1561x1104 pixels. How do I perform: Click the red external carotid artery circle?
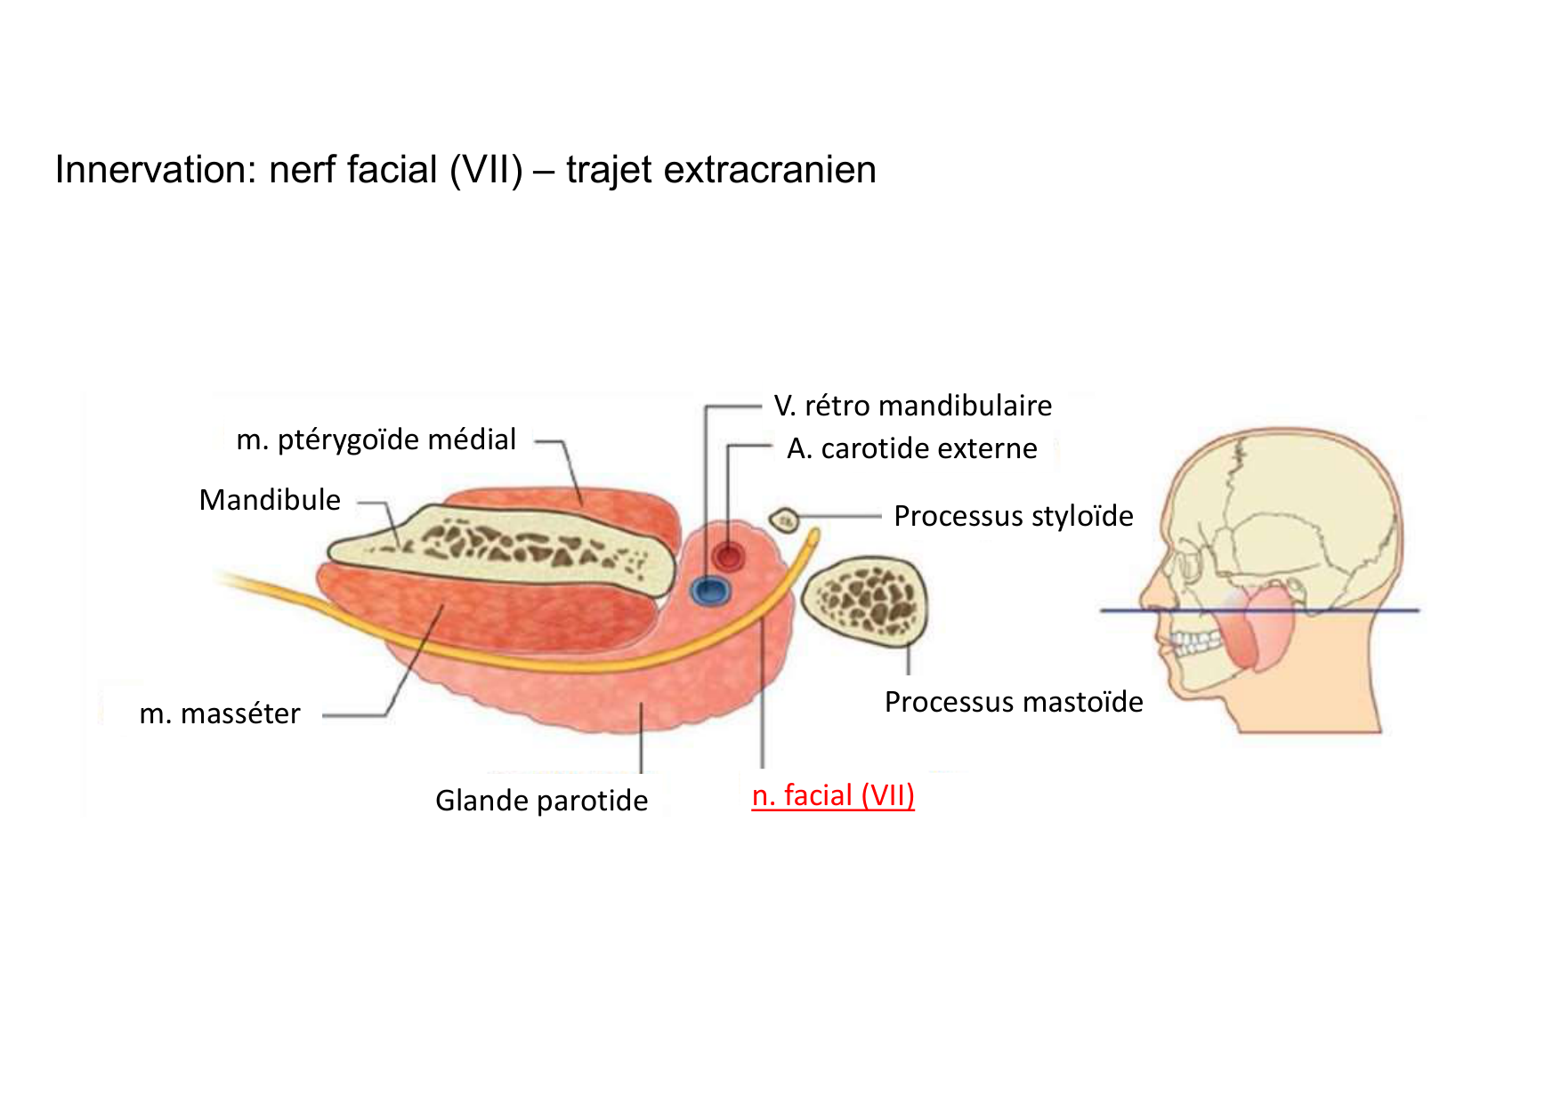729,557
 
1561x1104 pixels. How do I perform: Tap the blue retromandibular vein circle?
711,590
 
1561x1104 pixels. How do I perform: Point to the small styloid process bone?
784,520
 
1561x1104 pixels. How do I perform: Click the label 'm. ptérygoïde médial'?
376,439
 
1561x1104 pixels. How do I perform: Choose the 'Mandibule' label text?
270,500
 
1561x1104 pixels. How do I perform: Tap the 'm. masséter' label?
220,713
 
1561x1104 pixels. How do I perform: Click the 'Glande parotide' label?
541,801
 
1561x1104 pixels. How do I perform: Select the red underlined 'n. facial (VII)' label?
833,795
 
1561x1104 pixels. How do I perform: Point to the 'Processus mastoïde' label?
1014,702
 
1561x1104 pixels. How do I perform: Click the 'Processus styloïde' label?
1013,516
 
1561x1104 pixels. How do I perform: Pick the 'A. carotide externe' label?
912,448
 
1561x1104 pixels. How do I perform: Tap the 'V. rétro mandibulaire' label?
913,406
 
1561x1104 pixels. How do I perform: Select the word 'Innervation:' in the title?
156,170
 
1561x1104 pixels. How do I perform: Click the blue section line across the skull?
1335,610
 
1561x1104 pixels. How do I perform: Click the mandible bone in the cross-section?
498,547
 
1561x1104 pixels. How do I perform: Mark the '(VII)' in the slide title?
486,170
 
